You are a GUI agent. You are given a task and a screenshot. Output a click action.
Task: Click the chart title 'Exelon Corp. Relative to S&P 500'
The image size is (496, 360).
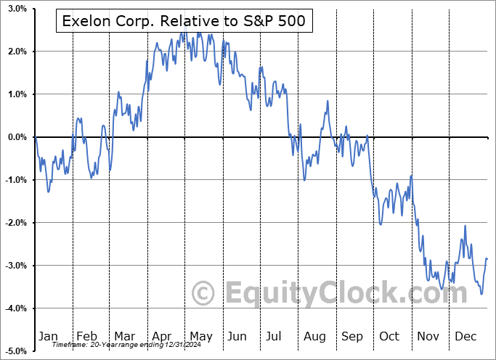tap(184, 22)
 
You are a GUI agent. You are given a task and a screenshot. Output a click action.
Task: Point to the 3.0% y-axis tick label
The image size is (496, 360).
tap(17, 9)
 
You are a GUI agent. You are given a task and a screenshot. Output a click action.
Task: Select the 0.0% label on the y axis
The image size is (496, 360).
tap(17, 137)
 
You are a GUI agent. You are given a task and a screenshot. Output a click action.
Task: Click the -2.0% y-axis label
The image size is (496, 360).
tap(16, 223)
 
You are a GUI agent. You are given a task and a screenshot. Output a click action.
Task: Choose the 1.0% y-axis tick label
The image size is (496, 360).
tap(17, 94)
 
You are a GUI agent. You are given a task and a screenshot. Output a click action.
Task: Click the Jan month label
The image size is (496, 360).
tap(48, 336)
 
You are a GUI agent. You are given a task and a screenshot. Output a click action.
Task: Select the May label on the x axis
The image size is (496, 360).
tap(200, 336)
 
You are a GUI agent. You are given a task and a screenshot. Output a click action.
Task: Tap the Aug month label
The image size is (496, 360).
tap(314, 336)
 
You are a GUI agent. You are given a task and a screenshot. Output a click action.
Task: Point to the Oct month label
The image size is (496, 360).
tap(390, 336)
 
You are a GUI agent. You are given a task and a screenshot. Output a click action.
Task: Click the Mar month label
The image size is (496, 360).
tap(124, 336)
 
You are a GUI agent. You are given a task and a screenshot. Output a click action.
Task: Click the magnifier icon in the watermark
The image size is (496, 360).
tap(204, 293)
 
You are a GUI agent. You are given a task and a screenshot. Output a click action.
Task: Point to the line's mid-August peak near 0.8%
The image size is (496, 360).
tap(328, 101)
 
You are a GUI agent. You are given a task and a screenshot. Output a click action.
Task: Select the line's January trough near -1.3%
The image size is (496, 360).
tap(48, 192)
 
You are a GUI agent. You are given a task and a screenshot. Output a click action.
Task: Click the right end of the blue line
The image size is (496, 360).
tap(487, 259)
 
